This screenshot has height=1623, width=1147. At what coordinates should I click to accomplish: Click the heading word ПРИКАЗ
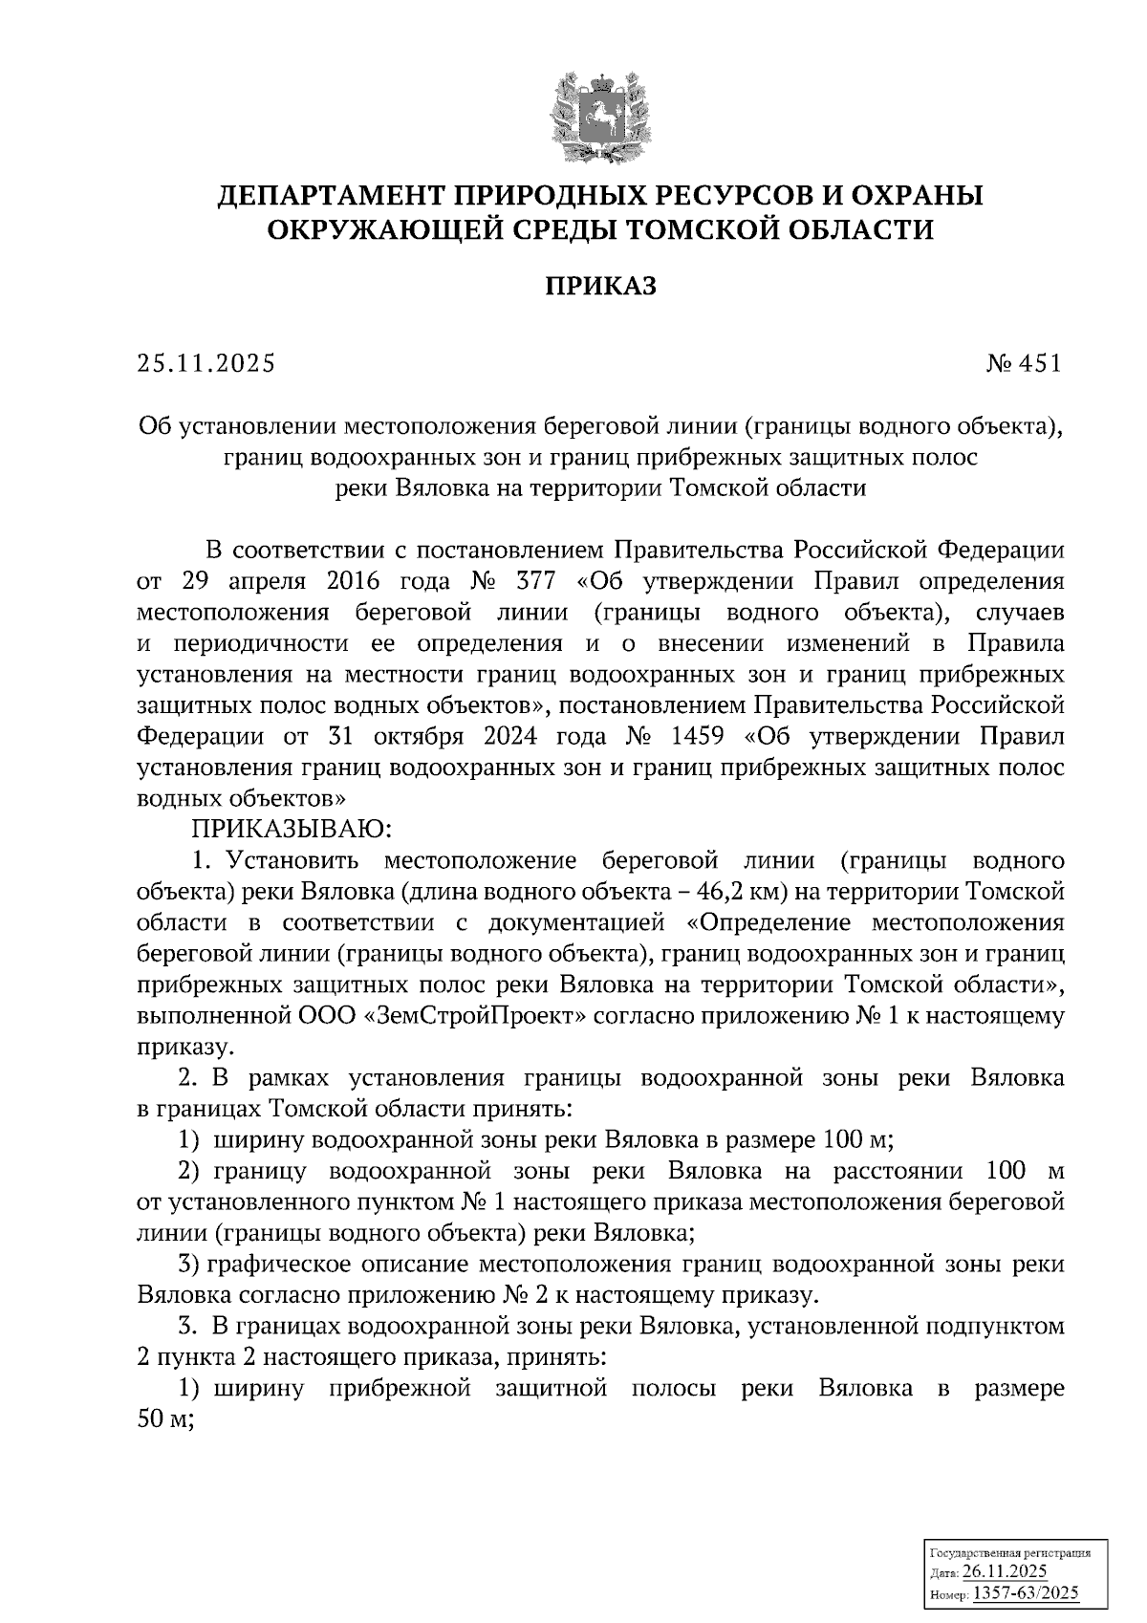(601, 287)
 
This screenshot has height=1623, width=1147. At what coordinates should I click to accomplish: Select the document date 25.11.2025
(206, 364)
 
